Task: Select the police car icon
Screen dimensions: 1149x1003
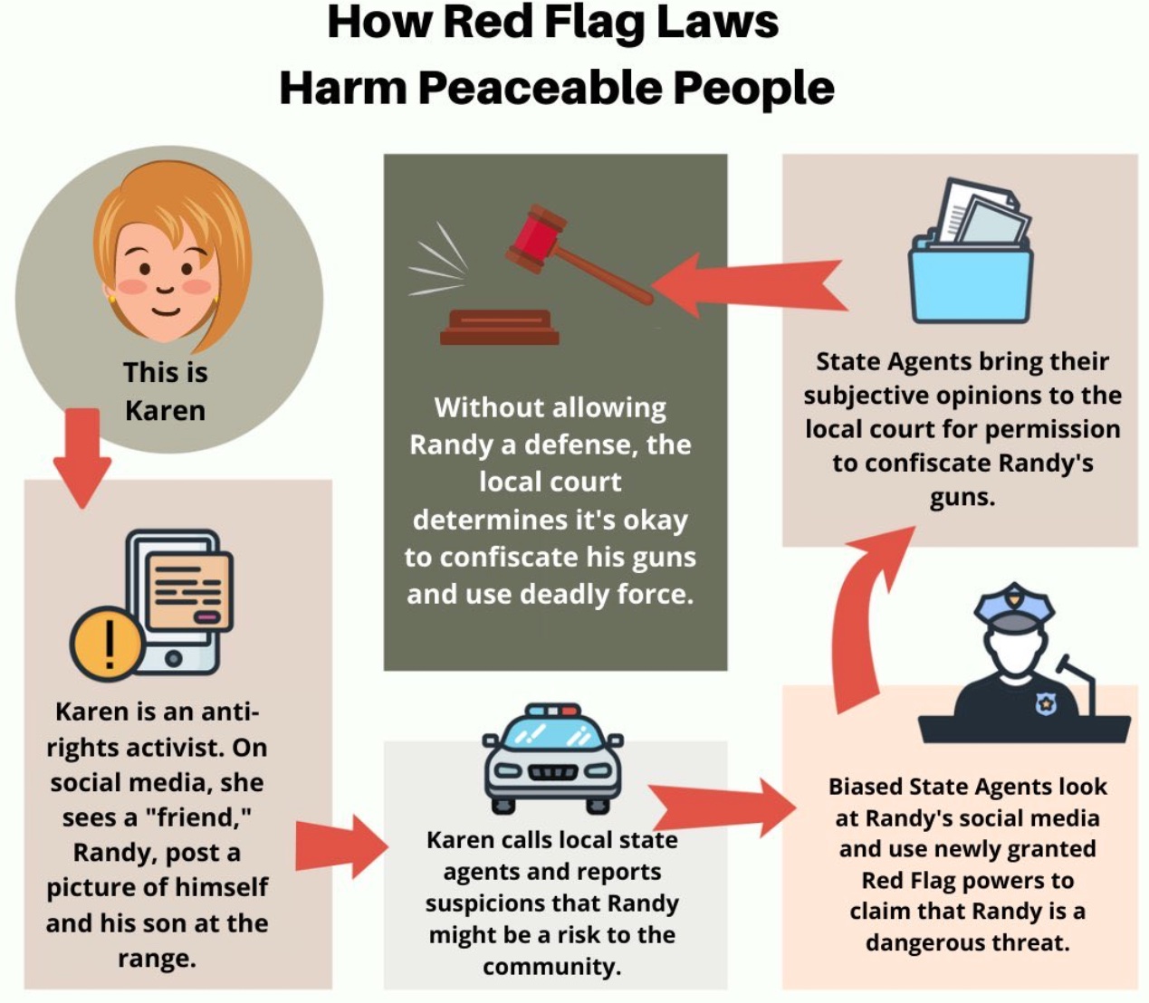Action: [x=552, y=759]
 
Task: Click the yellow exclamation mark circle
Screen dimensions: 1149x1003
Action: [x=108, y=643]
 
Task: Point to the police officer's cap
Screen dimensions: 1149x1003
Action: [x=1014, y=607]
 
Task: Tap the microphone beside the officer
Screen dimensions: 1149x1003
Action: [x=1078, y=684]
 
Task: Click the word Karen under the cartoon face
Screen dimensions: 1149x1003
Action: [x=165, y=410]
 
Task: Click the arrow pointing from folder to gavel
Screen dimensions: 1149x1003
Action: [x=750, y=285]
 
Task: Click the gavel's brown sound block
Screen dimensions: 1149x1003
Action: [x=499, y=327]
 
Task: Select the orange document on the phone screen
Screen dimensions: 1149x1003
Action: [x=189, y=590]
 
